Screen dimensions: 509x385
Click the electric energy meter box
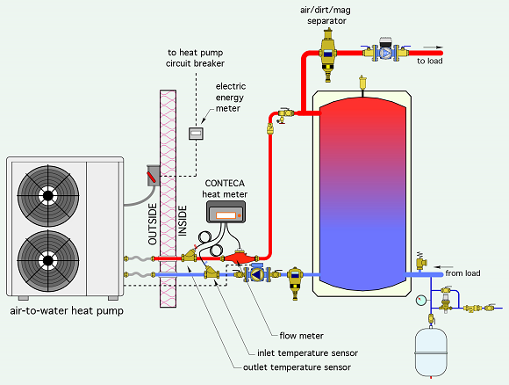(x=196, y=134)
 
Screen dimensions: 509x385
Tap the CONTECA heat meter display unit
(x=226, y=212)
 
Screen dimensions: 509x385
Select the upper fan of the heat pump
(x=48, y=196)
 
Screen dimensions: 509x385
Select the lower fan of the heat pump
(x=48, y=260)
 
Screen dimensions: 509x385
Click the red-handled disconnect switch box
(x=154, y=176)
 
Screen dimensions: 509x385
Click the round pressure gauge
(x=421, y=300)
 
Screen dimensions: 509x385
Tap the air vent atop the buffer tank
(x=362, y=83)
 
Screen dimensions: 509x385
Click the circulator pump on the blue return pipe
(x=257, y=274)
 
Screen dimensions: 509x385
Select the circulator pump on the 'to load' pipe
(x=385, y=52)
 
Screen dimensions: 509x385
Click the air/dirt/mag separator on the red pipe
(x=327, y=54)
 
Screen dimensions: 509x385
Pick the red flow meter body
(x=240, y=258)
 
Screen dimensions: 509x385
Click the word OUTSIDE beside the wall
(x=152, y=224)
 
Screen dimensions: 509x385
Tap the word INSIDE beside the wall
(x=183, y=221)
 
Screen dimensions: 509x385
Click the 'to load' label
(x=429, y=61)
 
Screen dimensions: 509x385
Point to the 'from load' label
(x=462, y=273)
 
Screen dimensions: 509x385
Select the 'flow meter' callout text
(x=301, y=336)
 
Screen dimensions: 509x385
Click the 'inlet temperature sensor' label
(x=307, y=352)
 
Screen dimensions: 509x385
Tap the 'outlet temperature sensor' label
(x=297, y=367)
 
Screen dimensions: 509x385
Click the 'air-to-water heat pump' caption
(x=67, y=311)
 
